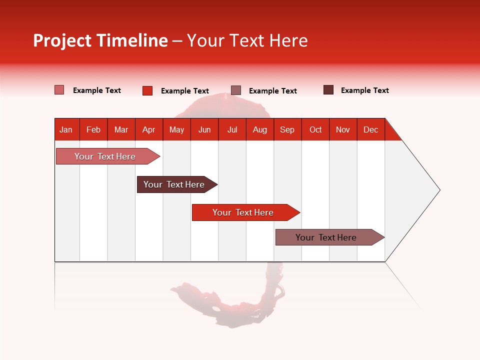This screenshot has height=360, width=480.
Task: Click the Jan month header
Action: [66, 129]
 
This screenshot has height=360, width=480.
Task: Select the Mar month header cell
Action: [121, 129]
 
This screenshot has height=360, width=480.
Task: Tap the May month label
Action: [176, 129]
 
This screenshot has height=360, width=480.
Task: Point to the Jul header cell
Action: [232, 129]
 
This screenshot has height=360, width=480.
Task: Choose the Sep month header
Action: [287, 129]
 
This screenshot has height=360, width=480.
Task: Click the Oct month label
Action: [315, 129]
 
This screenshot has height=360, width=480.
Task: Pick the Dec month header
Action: [370, 129]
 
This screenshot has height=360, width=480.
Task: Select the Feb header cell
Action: [93, 129]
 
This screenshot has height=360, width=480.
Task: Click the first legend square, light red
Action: [59, 90]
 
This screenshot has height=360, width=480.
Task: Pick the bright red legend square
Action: [147, 90]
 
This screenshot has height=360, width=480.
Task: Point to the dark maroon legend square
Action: [328, 90]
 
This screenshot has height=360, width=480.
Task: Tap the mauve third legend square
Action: [236, 90]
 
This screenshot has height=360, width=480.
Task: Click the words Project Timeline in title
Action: [100, 40]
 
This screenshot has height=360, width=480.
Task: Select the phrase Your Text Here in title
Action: [247, 40]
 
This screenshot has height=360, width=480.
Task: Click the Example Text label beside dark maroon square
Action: [364, 90]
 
